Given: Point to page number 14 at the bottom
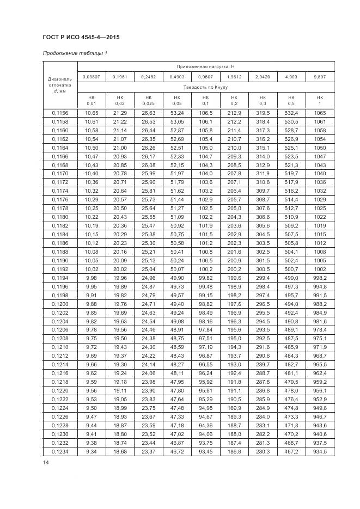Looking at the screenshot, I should pyautogui.click(x=46, y=463).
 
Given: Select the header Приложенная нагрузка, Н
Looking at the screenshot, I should pyautogui.click(x=205, y=66).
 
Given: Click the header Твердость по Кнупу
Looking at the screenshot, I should pyautogui.click(x=205, y=87).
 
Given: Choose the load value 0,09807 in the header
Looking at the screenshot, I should pyautogui.click(x=91, y=77).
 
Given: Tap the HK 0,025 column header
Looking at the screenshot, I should pyautogui.click(x=148, y=100).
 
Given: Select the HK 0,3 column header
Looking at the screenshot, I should pyautogui.click(x=263, y=100).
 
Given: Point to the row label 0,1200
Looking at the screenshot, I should pyautogui.click(x=60, y=304).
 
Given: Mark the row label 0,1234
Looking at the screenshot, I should pyautogui.click(x=60, y=452).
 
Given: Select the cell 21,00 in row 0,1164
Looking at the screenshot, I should pyautogui.click(x=120, y=148).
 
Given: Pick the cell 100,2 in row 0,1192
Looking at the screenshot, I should pyautogui.click(x=205, y=269).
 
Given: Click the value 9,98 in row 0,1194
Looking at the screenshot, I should pyautogui.click(x=91, y=278).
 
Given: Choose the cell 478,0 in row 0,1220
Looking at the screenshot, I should pyautogui.click(x=292, y=391).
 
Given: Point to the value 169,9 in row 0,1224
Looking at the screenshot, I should pyautogui.click(x=234, y=408).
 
